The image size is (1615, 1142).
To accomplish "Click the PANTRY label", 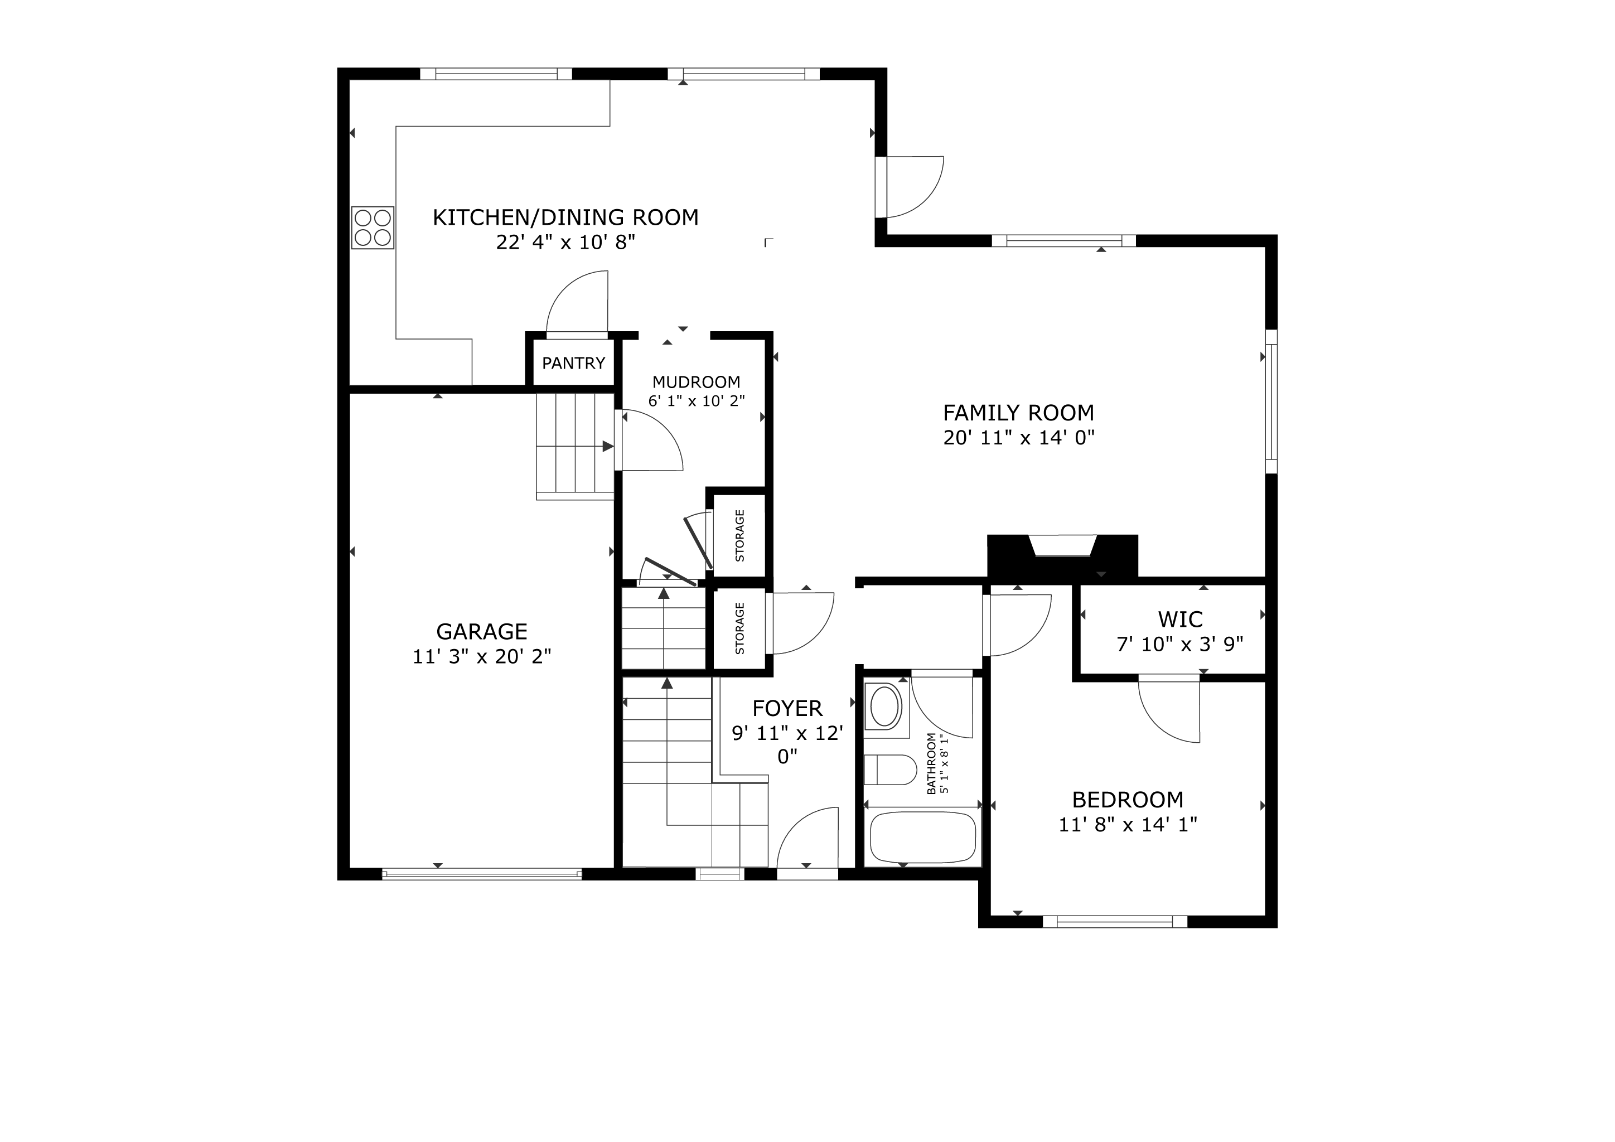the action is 573,363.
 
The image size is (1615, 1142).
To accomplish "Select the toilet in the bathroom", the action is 890,770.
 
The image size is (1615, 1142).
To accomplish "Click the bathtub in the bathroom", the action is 923,838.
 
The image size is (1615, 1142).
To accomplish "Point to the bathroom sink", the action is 886,708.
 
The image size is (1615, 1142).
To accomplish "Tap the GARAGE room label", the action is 482,631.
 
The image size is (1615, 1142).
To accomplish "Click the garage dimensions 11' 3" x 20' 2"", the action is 482,657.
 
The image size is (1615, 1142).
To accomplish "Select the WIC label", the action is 1181,620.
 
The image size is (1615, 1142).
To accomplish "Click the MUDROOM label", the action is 697,382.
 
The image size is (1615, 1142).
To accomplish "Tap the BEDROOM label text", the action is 1128,800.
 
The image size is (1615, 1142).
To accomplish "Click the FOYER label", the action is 787,708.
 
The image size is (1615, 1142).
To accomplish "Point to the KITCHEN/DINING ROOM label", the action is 565,217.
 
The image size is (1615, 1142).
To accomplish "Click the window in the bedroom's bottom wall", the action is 1115,921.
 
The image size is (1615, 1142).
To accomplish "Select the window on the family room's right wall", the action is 1271,401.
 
